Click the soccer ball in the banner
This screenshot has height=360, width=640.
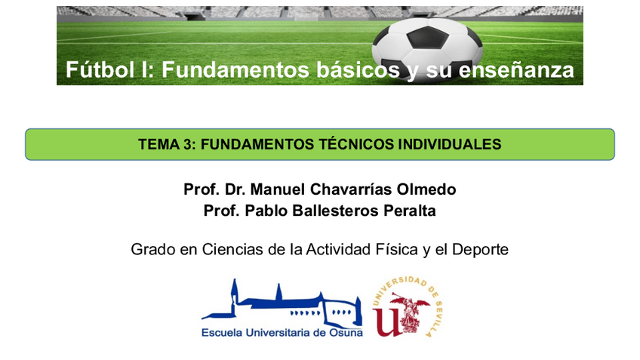tap(427, 50)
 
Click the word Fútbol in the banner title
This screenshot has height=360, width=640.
tap(100, 69)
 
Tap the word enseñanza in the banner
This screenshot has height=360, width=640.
tap(516, 69)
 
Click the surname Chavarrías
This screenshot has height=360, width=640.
tap(351, 189)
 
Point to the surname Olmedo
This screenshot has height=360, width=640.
tap(426, 189)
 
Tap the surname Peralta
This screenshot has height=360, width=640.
tap(410, 211)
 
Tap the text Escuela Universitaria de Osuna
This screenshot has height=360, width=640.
tap(282, 333)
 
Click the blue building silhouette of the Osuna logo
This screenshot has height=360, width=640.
tap(282, 303)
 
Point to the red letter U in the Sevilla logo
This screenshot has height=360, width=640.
tap(388, 322)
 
